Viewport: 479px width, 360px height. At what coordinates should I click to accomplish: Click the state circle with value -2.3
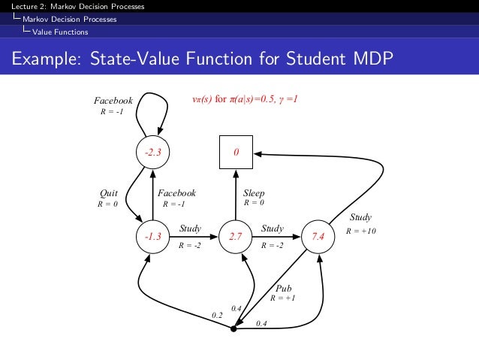(152, 153)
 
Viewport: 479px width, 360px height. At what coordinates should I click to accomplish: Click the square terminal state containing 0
(235, 153)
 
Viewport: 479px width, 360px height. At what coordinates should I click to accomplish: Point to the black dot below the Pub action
(234, 328)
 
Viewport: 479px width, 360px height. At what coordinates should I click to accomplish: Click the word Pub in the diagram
(284, 288)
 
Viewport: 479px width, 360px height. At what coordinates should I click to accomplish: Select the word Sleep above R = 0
(254, 193)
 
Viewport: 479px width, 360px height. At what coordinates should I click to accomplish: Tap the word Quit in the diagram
(109, 193)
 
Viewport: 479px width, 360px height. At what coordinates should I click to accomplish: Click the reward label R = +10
(360, 230)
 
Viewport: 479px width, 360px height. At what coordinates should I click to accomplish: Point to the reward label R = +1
(283, 298)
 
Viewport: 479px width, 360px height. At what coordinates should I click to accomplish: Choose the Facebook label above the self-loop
(113, 100)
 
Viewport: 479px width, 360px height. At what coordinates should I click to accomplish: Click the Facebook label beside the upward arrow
(178, 193)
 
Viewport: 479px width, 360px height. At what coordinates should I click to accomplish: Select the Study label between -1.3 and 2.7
(190, 228)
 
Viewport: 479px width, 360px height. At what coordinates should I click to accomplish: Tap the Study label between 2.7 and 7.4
(272, 228)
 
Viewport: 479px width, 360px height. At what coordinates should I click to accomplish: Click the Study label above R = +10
(360, 219)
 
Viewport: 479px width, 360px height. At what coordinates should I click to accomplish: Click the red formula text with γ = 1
(246, 98)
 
